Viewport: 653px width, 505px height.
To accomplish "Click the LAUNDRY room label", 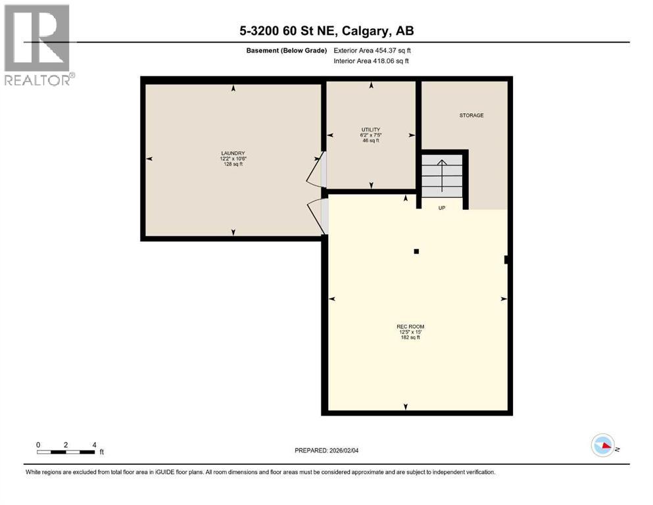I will tap(233, 153).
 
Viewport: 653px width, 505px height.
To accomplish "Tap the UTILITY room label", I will tap(371, 130).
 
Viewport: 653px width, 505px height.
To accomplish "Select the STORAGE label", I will tap(471, 115).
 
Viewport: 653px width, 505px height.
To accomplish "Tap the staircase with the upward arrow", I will tap(442, 174).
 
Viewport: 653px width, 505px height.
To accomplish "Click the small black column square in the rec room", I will tap(416, 251).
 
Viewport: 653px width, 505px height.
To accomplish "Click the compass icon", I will tap(602, 445).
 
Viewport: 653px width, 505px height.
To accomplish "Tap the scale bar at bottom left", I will tap(66, 452).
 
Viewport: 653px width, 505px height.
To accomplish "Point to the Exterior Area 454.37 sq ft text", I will tap(374, 51).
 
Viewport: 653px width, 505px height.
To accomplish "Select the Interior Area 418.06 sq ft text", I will tap(372, 61).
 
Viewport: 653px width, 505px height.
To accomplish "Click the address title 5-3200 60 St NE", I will tap(326, 30).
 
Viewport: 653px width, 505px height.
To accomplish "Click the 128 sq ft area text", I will tap(233, 164).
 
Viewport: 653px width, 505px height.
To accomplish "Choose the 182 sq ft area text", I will tap(405, 338).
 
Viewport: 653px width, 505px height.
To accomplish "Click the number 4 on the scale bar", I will tap(94, 445).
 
